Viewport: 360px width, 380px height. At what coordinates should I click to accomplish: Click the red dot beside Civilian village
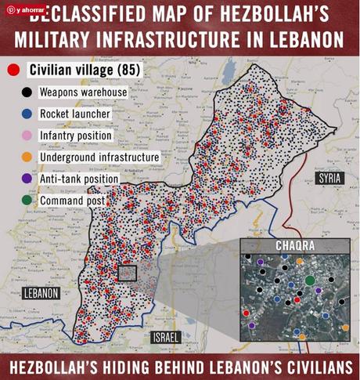click(13, 71)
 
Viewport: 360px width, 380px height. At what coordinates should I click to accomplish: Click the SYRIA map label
click(332, 179)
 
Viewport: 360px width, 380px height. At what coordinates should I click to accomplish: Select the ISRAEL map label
click(166, 338)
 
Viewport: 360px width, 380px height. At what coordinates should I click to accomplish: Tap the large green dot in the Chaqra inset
click(310, 280)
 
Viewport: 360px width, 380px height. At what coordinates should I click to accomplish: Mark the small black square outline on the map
click(126, 273)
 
